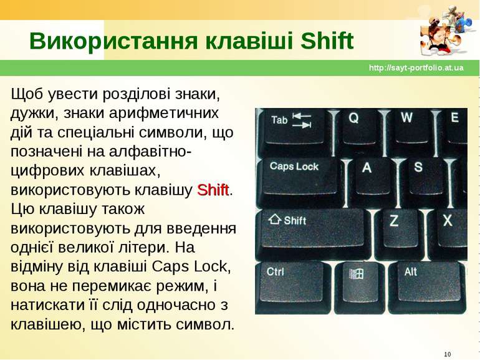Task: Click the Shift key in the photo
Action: click(312, 233)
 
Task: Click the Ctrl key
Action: click(292, 287)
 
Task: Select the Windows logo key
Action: click(360, 287)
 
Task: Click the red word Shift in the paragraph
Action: click(213, 190)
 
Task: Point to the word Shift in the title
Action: click(327, 41)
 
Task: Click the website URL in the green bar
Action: click(416, 68)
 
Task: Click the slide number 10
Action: click(447, 354)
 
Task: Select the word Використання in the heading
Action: click(113, 41)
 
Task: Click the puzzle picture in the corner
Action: click(446, 31)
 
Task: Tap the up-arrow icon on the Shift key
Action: click(274, 219)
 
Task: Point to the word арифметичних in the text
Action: click(164, 114)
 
